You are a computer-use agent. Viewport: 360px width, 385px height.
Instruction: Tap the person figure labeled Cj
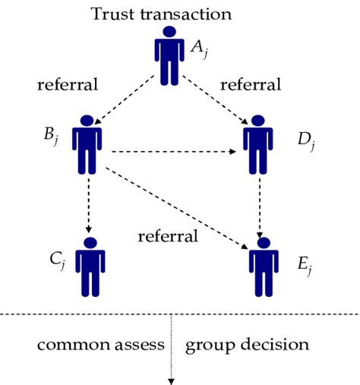coord(90,267)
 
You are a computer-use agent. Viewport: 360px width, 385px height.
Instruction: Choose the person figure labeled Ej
coord(262,267)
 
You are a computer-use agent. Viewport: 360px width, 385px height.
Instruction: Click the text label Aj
coord(198,48)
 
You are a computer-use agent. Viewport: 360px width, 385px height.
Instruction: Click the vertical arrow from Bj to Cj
coord(90,204)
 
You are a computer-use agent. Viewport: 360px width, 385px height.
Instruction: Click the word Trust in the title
coord(112,14)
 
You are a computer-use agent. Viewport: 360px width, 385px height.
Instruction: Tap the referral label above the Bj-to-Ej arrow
coord(168,236)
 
